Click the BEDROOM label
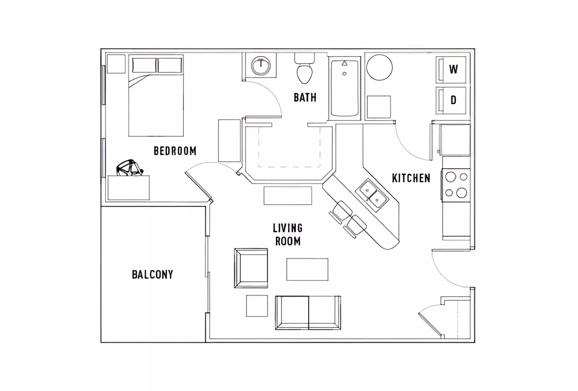(175, 151)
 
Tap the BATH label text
(305, 97)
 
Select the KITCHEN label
(411, 178)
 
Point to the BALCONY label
(152, 274)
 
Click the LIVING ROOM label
(288, 235)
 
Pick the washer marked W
(453, 69)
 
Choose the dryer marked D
(453, 100)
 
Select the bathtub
(345, 88)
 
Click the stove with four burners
(456, 185)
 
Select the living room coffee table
(307, 269)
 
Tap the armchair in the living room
(251, 268)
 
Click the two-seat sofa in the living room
(308, 313)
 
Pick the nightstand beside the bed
(116, 64)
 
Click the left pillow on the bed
(144, 65)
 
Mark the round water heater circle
(379, 67)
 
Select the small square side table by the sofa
(257, 306)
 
